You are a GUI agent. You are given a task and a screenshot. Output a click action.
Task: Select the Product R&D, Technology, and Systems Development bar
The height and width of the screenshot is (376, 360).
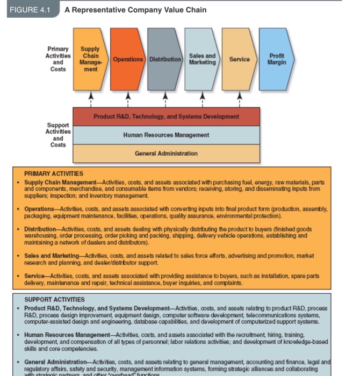tap(166, 117)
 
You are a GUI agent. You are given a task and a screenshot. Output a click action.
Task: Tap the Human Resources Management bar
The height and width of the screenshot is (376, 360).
tap(166, 135)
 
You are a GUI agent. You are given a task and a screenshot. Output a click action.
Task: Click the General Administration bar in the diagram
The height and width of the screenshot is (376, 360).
tap(166, 153)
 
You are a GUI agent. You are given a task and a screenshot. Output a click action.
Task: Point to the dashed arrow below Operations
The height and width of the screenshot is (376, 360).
tap(127, 98)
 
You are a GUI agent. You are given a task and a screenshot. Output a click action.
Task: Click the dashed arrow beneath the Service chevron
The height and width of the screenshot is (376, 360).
tap(240, 98)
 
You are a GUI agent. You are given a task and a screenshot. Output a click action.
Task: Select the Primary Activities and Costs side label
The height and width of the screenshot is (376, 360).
tap(58, 59)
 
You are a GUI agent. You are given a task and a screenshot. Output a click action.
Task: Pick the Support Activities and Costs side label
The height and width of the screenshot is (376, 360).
tap(58, 134)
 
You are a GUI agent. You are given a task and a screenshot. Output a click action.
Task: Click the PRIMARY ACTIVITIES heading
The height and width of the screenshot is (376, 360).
tap(53, 173)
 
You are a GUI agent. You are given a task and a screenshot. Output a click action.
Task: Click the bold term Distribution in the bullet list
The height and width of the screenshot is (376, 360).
tap(39, 229)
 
